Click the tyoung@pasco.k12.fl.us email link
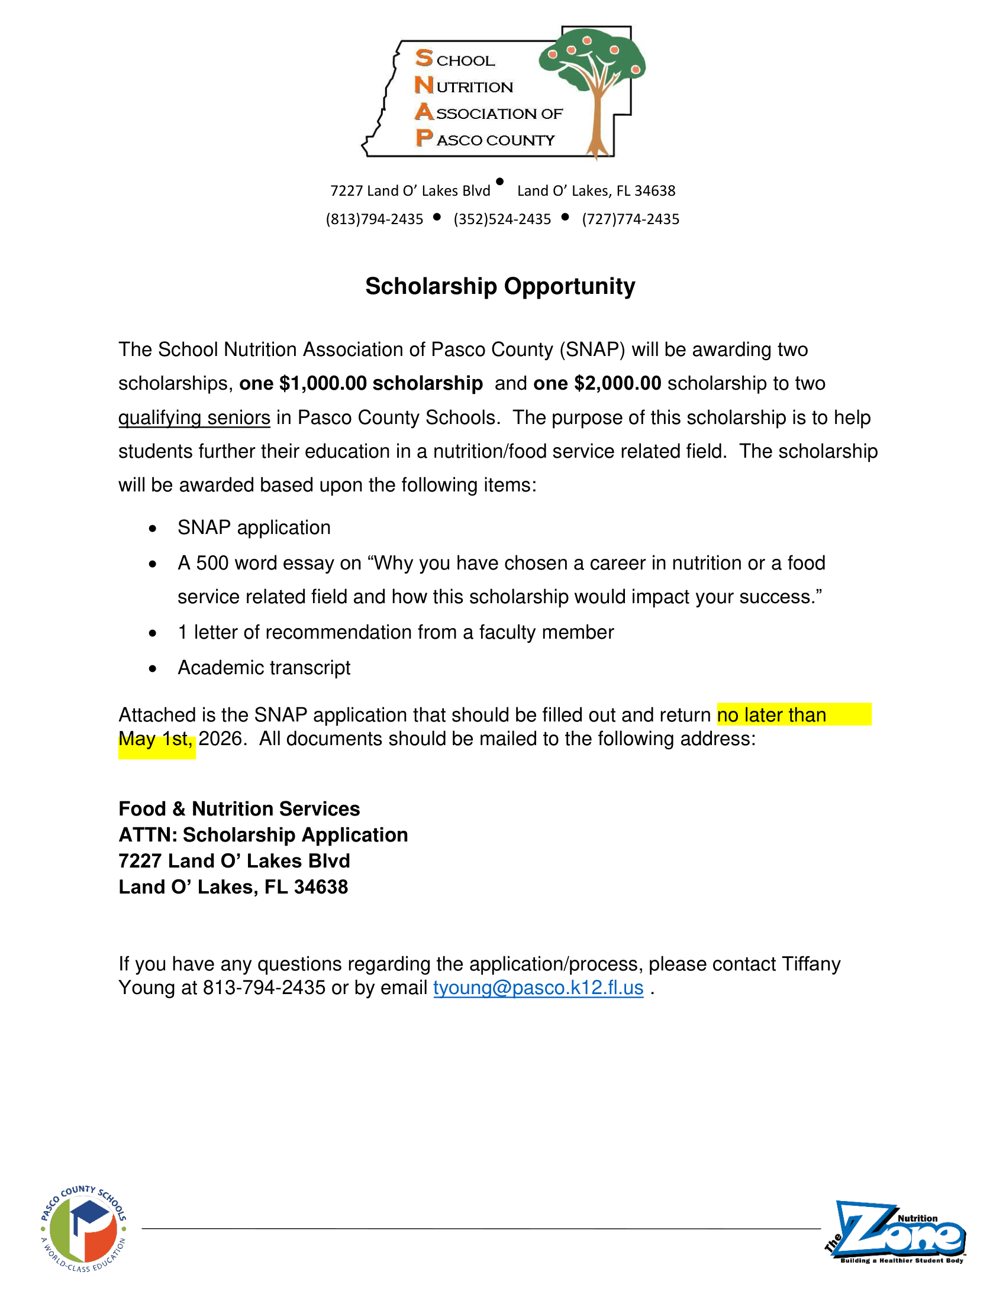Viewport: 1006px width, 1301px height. [x=538, y=988]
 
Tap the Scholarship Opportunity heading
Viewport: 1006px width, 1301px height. [x=500, y=287]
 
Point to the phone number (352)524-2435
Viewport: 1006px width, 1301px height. [x=502, y=219]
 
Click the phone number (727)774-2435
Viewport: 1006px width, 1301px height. [x=631, y=219]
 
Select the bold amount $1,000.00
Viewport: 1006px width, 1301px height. [x=323, y=383]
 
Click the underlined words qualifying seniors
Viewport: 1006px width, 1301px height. [x=194, y=418]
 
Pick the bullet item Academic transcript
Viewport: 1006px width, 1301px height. [x=263, y=668]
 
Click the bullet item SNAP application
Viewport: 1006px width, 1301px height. [x=254, y=527]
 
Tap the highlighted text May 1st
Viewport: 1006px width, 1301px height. [x=155, y=739]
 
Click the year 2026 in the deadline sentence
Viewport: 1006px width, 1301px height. [x=220, y=739]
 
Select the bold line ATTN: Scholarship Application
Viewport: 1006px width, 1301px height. [x=263, y=835]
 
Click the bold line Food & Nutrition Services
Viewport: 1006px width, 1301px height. [x=239, y=809]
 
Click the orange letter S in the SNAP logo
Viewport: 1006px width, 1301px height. [x=424, y=59]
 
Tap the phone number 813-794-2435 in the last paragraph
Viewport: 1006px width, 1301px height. [x=264, y=988]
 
